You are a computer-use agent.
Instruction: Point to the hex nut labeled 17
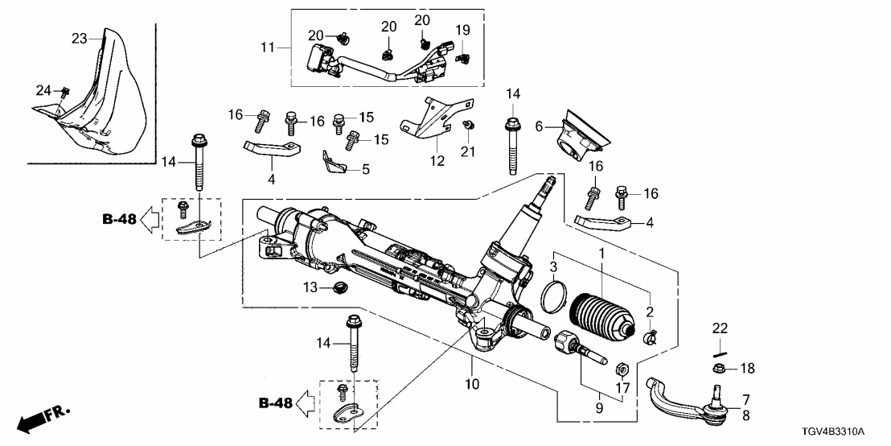pos(620,370)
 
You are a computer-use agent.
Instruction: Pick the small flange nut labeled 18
pos(721,369)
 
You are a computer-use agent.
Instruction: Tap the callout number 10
pos(472,385)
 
